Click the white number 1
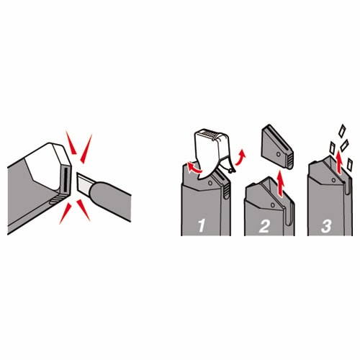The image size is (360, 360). (x=201, y=225)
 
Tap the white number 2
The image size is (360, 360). (x=264, y=226)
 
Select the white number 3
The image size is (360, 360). (x=326, y=226)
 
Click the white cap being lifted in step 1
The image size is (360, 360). (x=212, y=152)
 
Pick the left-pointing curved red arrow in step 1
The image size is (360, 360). (x=194, y=168)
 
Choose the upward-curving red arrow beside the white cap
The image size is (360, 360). (x=240, y=158)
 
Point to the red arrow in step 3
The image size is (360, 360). (x=338, y=161)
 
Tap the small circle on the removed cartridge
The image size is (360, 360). (x=279, y=154)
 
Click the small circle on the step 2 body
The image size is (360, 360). (x=272, y=205)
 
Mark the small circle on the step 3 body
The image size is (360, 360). (x=333, y=180)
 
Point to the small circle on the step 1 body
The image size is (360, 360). (x=210, y=183)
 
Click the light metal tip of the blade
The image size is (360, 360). (x=84, y=183)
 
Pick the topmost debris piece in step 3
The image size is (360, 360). (x=342, y=131)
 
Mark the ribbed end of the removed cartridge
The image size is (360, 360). (x=290, y=161)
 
